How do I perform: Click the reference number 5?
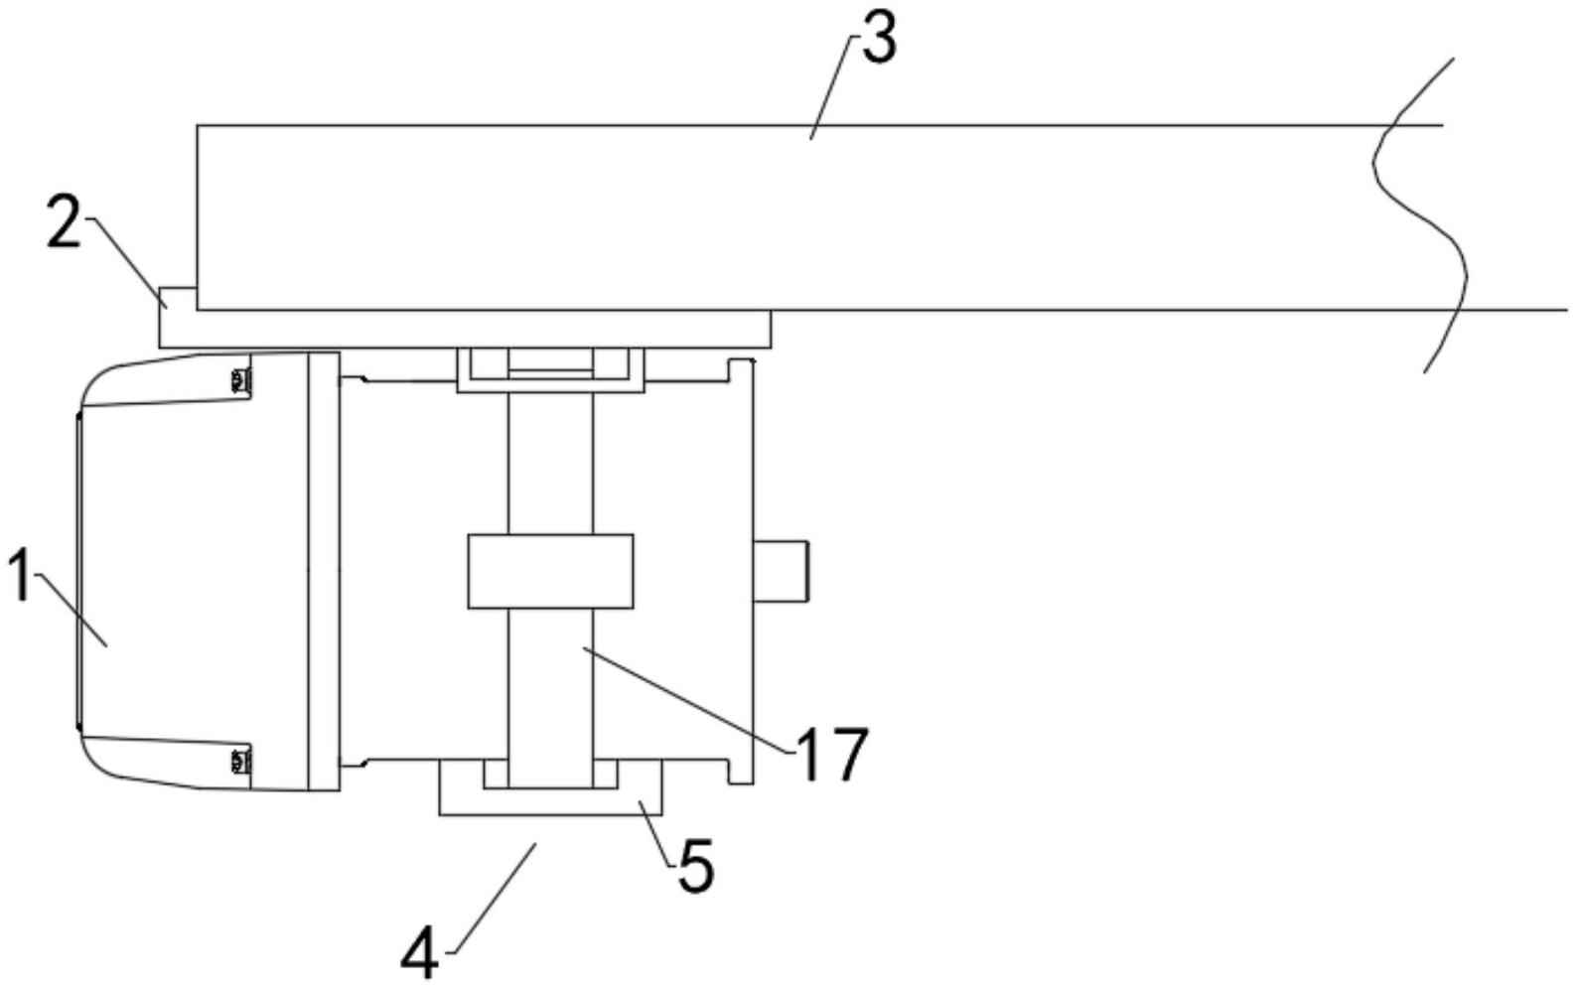pyautogui.click(x=695, y=867)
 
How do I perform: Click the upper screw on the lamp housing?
pyautogui.click(x=237, y=379)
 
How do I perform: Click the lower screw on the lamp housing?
pyautogui.click(x=237, y=762)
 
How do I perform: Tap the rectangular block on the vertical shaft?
pyautogui.click(x=550, y=570)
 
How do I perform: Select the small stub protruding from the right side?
pyautogui.click(x=783, y=570)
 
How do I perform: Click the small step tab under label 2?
pyautogui.click(x=178, y=298)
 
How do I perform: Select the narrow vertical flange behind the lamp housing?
pyautogui.click(x=324, y=571)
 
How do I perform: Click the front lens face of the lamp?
pyautogui.click(x=78, y=571)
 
